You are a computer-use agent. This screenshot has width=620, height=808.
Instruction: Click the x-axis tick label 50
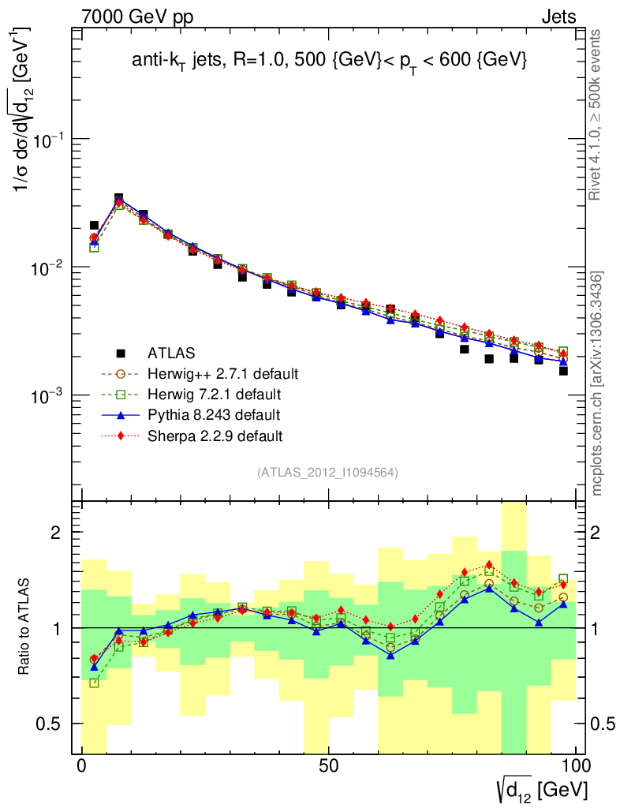click(328, 766)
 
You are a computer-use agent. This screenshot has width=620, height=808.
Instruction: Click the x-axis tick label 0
click(82, 766)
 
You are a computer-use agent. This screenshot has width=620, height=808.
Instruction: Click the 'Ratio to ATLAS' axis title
click(24, 627)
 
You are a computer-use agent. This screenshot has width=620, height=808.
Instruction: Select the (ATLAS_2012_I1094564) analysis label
click(327, 473)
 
